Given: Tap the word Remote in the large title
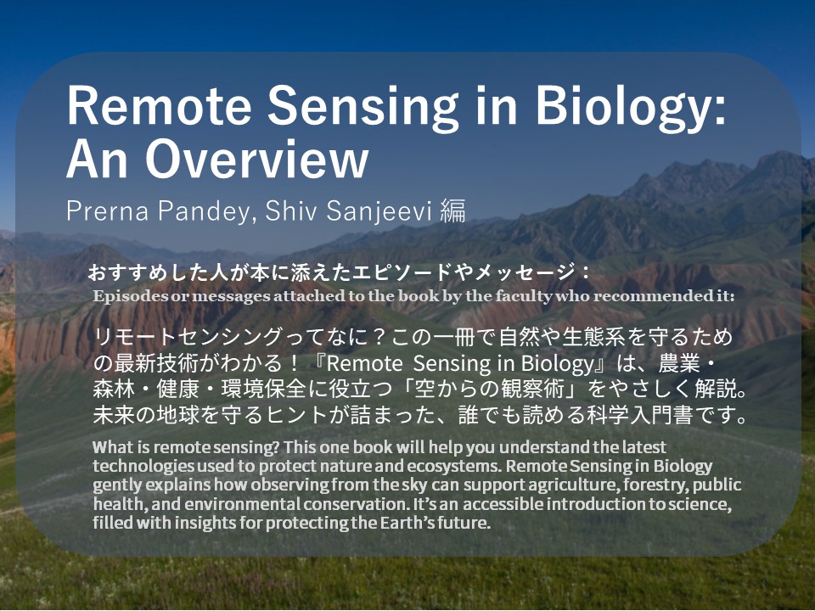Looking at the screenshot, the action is pyautogui.click(x=159, y=105).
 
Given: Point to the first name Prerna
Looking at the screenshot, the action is pyautogui.click(x=108, y=210).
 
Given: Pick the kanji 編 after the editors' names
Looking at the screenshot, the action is pyautogui.click(x=452, y=211).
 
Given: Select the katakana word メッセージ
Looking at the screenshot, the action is pyautogui.click(x=525, y=272).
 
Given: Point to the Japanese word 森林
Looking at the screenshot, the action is pyautogui.click(x=114, y=390).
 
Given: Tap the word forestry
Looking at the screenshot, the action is pyautogui.click(x=655, y=485).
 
